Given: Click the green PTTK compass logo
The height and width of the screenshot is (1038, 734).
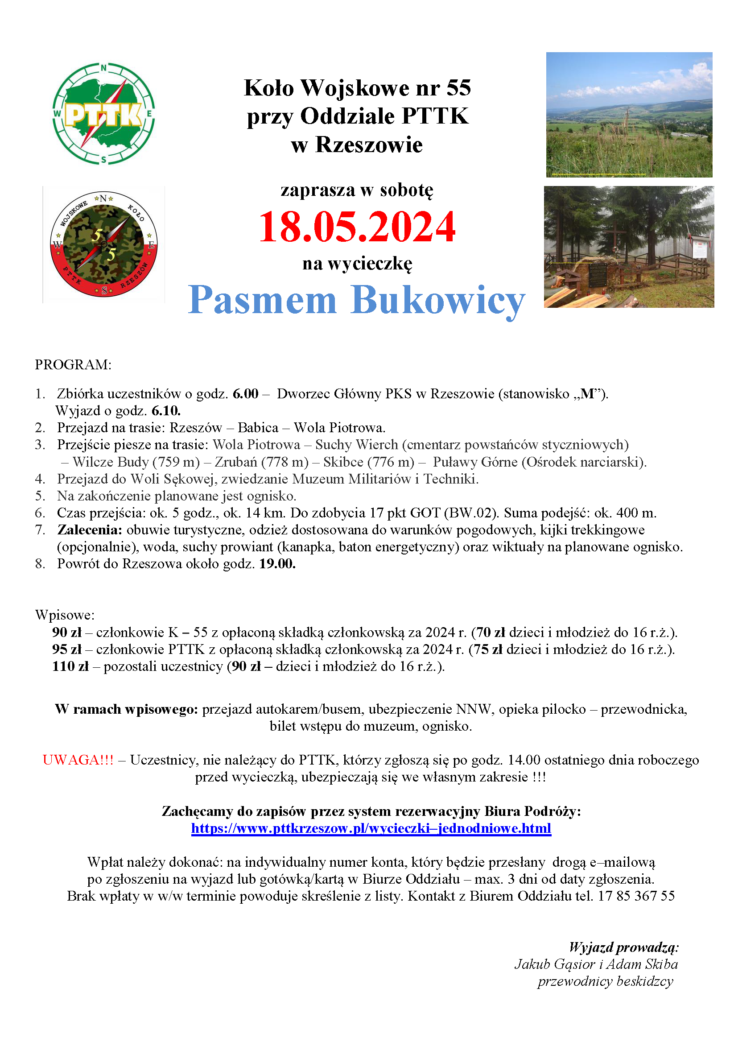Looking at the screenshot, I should point(104,114).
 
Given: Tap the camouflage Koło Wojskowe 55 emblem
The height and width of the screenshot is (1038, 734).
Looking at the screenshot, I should point(104,244).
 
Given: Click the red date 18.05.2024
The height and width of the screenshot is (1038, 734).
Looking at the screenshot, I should point(357,227).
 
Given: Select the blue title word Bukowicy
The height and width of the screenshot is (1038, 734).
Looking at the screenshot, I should point(437,300).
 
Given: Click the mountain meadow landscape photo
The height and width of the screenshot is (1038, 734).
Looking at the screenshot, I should point(629,114).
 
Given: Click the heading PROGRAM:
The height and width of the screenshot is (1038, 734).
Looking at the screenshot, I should point(73,364).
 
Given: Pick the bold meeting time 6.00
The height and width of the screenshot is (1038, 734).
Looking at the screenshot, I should point(245,394).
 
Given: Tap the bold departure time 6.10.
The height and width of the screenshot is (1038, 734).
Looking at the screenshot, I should point(166,411).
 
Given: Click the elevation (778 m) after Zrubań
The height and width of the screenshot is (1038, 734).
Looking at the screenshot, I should point(288,462).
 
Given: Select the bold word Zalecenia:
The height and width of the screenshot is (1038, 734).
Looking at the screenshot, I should point(90,530).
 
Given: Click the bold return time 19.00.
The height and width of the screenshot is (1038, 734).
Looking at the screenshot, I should point(277,564).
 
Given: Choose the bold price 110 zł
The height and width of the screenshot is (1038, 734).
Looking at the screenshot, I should point(70,666).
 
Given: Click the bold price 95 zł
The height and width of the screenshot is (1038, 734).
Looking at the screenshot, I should point(66,649).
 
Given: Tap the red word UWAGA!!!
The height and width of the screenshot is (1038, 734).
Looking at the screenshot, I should point(78,760).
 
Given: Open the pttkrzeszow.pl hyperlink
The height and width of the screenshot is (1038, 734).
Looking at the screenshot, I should point(371,828).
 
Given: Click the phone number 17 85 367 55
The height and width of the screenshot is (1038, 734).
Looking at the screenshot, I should point(636,896).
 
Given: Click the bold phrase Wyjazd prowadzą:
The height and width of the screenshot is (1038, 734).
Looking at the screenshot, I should point(624,947).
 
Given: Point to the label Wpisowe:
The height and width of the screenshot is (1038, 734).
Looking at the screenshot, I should point(65,615).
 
